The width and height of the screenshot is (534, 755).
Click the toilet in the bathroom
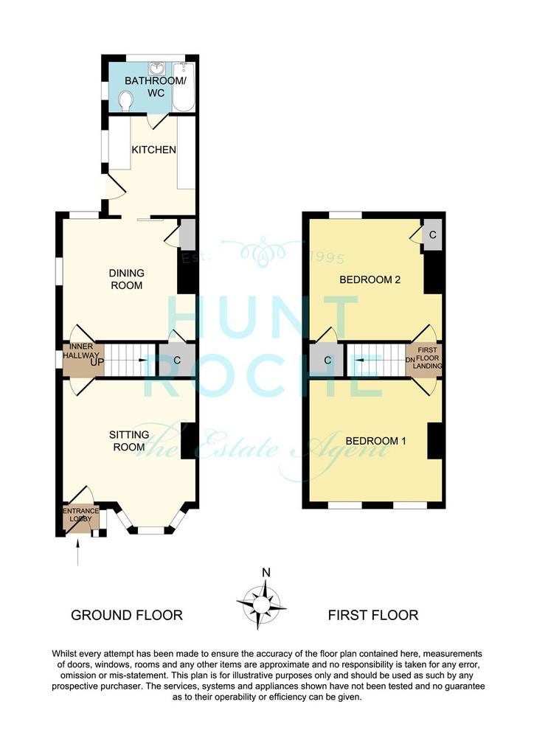pyautogui.click(x=126, y=102)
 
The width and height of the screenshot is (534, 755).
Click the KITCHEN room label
pyautogui.click(x=153, y=150)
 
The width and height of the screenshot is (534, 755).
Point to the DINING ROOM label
pyautogui.click(x=127, y=279)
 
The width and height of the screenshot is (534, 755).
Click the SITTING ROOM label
pyautogui.click(x=129, y=441)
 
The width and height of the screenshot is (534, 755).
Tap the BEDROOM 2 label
pyautogui.click(x=370, y=279)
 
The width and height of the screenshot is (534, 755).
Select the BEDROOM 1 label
pyautogui.click(x=375, y=441)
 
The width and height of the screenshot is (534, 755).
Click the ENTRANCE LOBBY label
pyautogui.click(x=80, y=515)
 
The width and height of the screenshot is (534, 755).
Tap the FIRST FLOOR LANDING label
pyautogui.click(x=428, y=358)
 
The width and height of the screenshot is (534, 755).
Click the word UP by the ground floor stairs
pyautogui.click(x=97, y=362)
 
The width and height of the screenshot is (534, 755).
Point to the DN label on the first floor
pyautogui.click(x=410, y=360)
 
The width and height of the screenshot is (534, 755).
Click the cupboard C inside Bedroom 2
pyautogui.click(x=432, y=235)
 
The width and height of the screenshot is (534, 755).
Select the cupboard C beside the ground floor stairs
pyautogui.click(x=177, y=360)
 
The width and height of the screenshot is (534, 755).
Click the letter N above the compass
pyautogui.click(x=266, y=572)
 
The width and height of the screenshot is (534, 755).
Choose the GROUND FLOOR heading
pyautogui.click(x=127, y=616)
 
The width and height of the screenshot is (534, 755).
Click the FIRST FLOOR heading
pyautogui.click(x=373, y=616)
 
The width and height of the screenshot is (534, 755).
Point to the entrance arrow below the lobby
pyautogui.click(x=77, y=553)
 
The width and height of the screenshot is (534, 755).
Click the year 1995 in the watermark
pyautogui.click(x=327, y=259)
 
